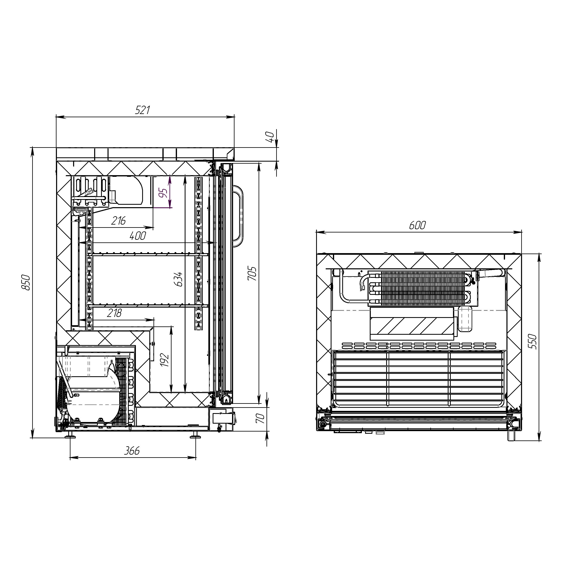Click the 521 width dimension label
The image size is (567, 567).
click(143, 110)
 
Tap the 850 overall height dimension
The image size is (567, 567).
click(26, 283)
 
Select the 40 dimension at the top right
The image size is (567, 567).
click(270, 137)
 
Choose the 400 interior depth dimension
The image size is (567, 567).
click(138, 236)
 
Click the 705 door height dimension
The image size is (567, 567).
click(252, 273)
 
